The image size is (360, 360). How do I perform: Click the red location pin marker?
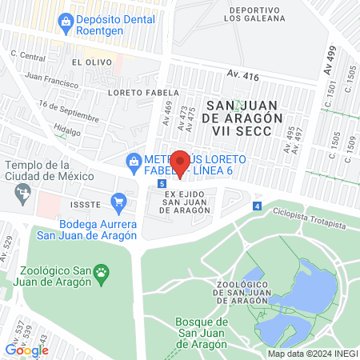[x=181, y=164]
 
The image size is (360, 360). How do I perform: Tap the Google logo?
[x=26, y=350]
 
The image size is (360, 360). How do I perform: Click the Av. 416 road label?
[x=244, y=74]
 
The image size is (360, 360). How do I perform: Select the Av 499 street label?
[x=330, y=61]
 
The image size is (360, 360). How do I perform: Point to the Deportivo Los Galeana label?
[x=254, y=14]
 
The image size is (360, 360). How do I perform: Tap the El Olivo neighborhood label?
[x=86, y=62]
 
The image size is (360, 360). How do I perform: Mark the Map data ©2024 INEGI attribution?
[x=313, y=354]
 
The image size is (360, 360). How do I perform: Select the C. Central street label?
[x=28, y=57]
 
